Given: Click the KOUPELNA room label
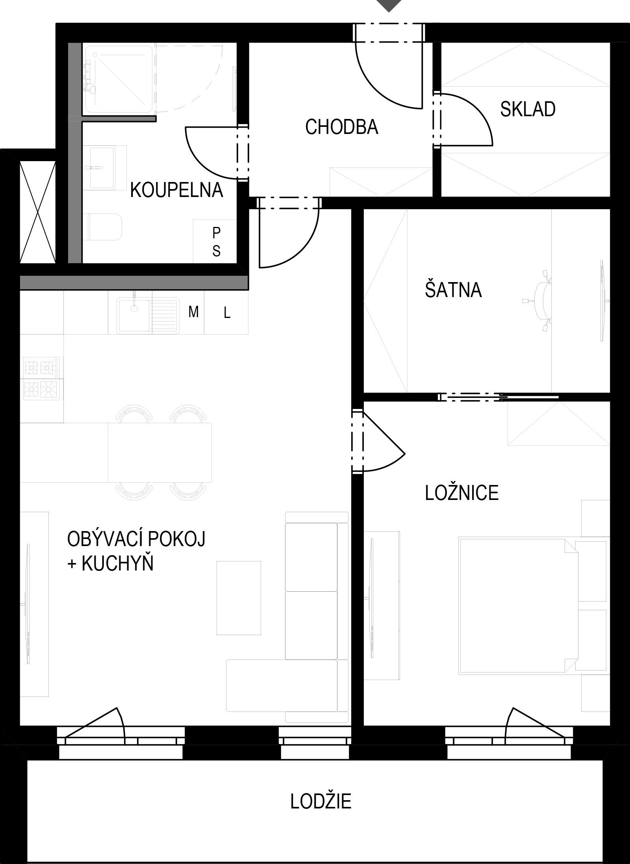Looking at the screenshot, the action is (x=176, y=190).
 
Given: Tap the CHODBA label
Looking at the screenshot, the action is (x=342, y=127).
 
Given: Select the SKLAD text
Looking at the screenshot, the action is (x=528, y=109).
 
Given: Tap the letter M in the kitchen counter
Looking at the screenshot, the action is (x=193, y=312).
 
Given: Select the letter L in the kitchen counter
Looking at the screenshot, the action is (x=227, y=313).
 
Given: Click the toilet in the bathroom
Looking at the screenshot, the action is (x=104, y=227).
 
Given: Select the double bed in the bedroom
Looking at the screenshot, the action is (x=518, y=606).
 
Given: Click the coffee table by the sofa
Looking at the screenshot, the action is (x=239, y=598).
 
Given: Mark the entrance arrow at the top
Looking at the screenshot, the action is (x=389, y=5).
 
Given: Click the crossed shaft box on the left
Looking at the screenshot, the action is (x=37, y=212).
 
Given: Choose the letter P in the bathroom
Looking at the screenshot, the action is (x=216, y=233).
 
